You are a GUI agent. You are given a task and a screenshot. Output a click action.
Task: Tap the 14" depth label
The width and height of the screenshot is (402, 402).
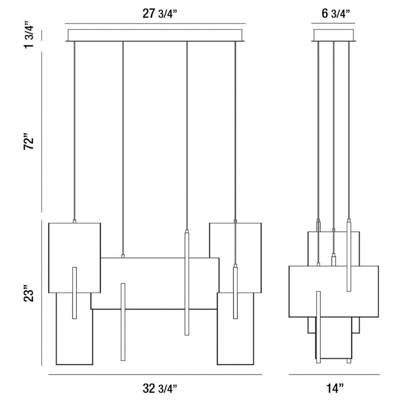coord(334,389)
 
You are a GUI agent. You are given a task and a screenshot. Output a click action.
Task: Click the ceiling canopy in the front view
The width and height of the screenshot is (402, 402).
coord(155,35)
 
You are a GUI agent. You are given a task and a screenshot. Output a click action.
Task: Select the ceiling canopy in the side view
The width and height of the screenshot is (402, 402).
coord(334,35)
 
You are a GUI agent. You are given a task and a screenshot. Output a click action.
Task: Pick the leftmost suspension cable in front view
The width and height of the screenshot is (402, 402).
coord(74,130)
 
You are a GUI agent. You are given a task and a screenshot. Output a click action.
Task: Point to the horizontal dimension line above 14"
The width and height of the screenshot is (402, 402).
coord(334,374)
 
